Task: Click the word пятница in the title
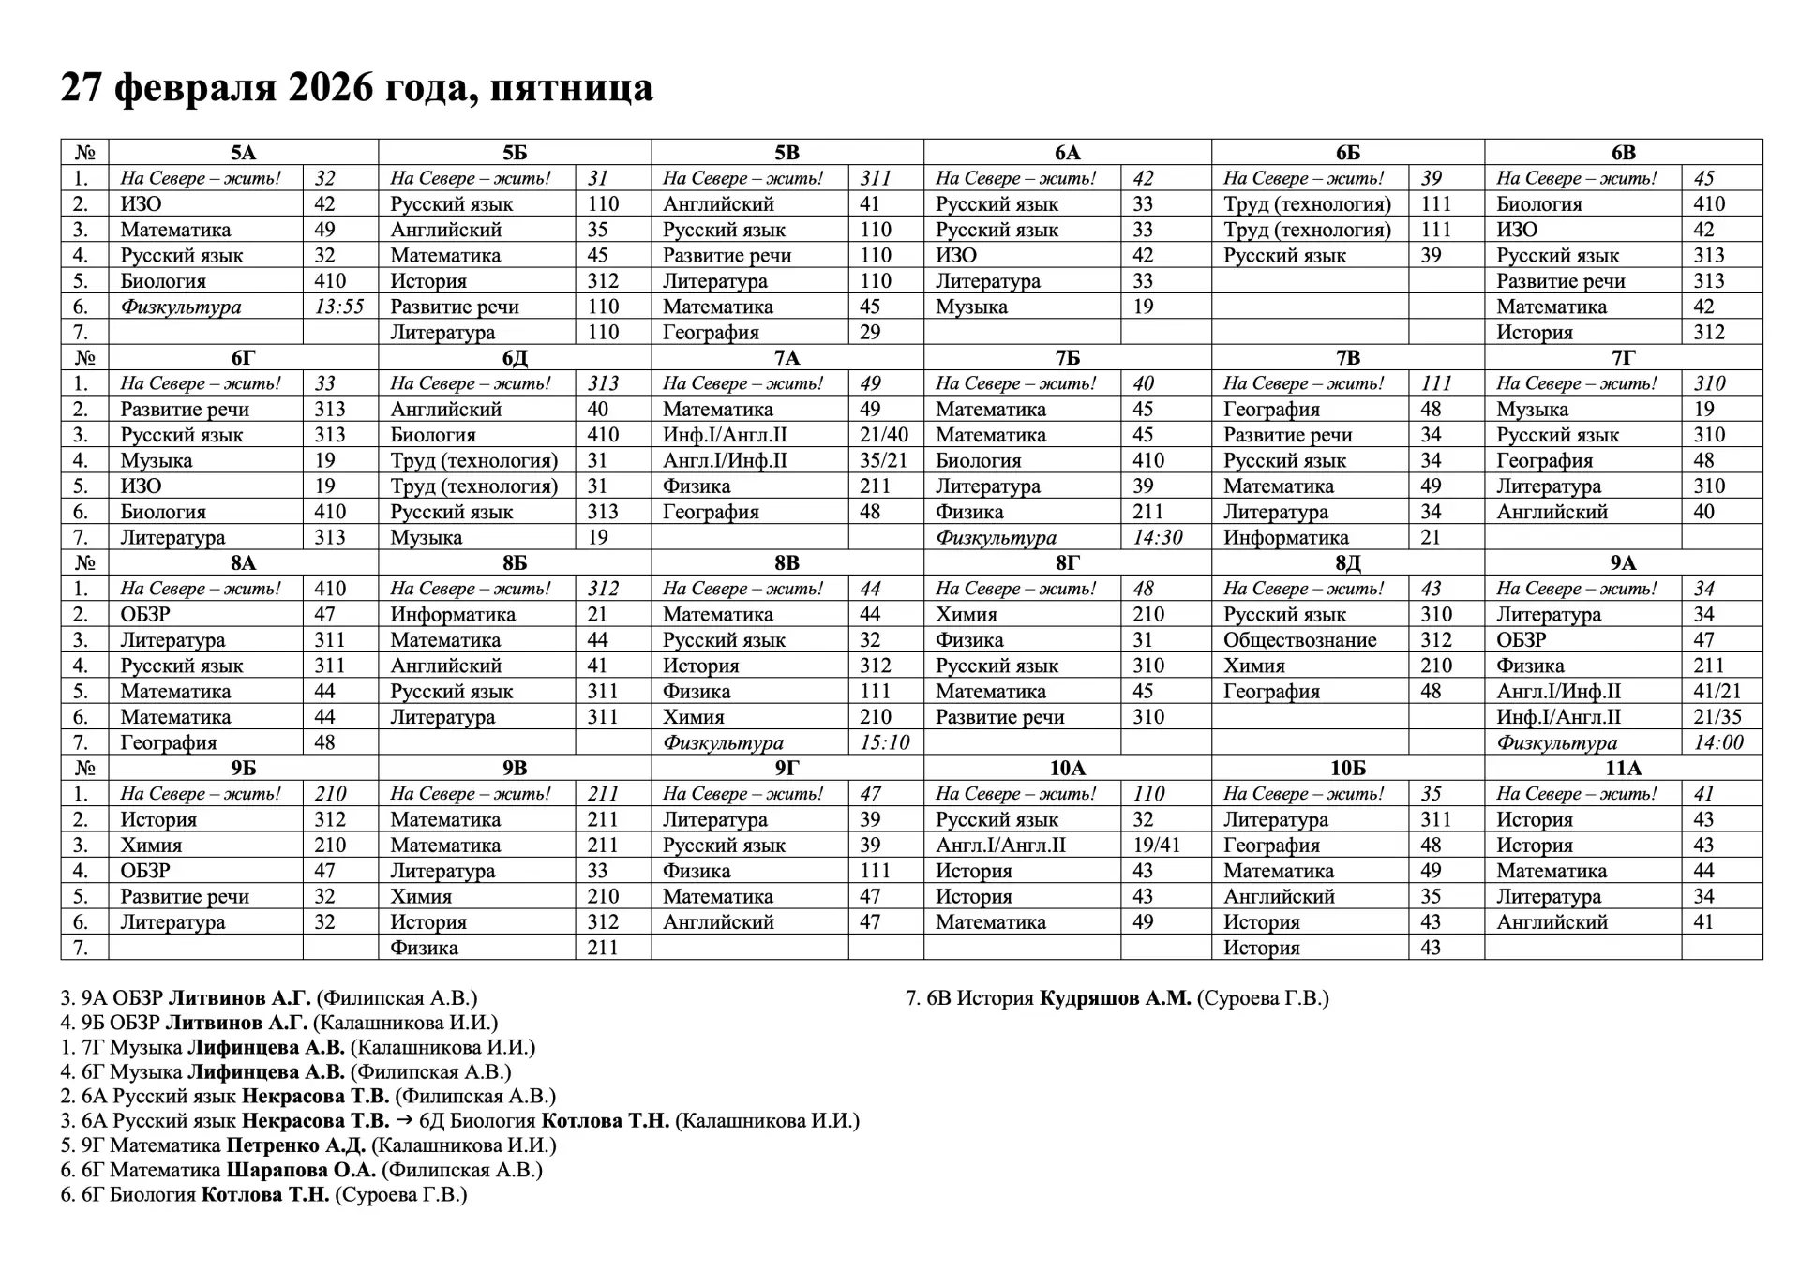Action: (571, 88)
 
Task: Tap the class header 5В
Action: (787, 153)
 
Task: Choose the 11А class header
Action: (1623, 769)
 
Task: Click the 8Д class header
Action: (1347, 563)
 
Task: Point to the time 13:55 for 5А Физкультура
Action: (339, 307)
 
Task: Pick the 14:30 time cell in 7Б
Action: (1157, 538)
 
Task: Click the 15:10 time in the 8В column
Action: (885, 743)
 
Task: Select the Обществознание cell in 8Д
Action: (1299, 640)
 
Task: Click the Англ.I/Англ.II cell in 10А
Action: (1000, 846)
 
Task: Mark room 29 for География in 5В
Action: (870, 333)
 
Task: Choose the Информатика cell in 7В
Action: (1285, 538)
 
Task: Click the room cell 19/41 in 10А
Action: (1157, 846)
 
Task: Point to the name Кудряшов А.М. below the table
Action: (1115, 998)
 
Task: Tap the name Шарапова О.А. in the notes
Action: (301, 1170)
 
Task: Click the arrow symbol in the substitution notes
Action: (404, 1121)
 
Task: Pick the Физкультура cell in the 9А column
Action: (1556, 743)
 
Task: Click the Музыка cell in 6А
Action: (971, 307)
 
